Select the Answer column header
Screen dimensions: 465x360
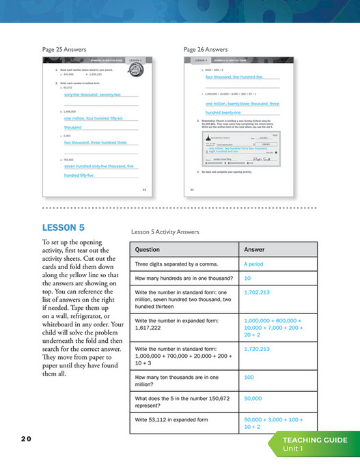tap(254, 249)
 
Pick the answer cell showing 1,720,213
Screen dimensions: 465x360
tap(257, 349)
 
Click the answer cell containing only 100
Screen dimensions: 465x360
tap(248, 377)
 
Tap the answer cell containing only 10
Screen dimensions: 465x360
tap(247, 279)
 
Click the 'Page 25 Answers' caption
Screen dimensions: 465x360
tap(66, 50)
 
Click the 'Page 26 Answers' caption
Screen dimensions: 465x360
tap(206, 50)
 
